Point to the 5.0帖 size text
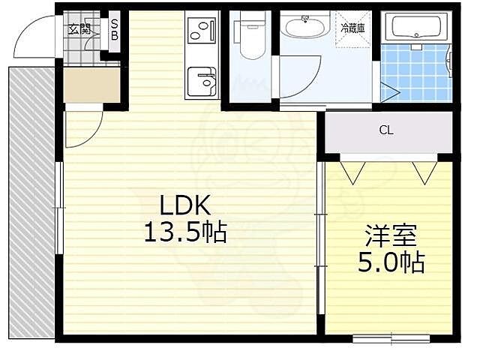click(x=390, y=262)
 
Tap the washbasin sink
click(x=304, y=29)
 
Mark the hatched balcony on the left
click(x=30, y=202)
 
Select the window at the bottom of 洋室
click(x=391, y=337)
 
